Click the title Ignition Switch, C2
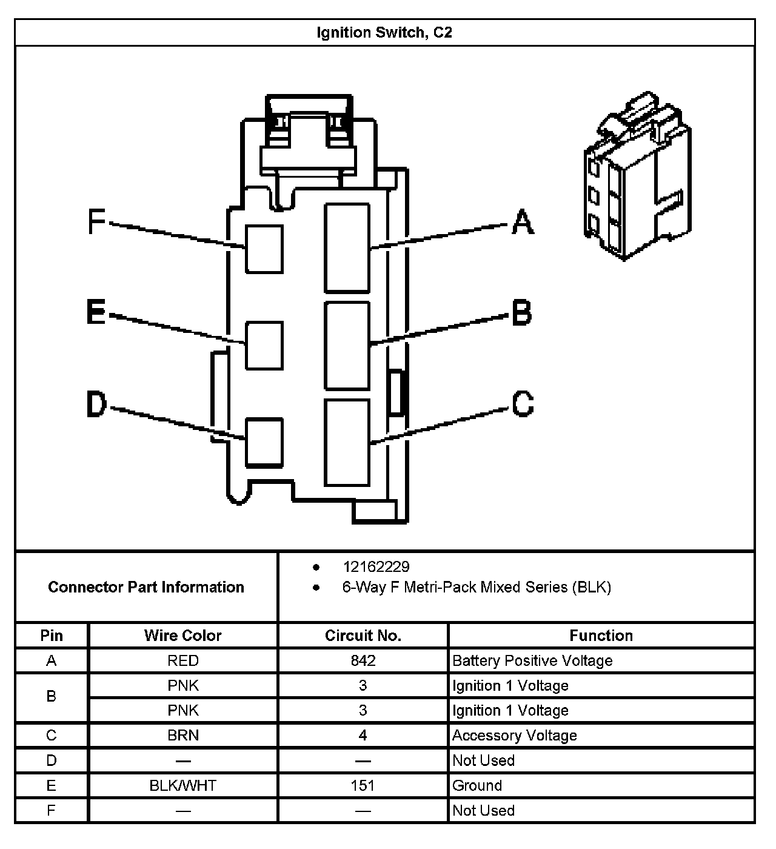pos(384,33)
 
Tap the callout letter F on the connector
pos(96,222)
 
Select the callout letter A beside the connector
pos(523,222)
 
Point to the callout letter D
pos(96,404)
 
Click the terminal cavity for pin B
pos(347,346)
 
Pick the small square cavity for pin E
pos(264,346)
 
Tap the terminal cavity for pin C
pos(347,443)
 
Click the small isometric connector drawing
pos(636,176)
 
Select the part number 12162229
pos(376,567)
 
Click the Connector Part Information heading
pos(146,587)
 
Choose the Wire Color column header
pos(182,636)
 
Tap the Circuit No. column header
pos(363,636)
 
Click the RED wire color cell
pos(182,660)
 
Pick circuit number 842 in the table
pos(363,660)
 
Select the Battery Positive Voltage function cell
pos(532,660)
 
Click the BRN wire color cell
pos(182,736)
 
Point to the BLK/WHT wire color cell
pos(182,786)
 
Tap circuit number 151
pos(363,786)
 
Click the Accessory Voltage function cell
pos(514,736)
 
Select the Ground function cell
pos(477,786)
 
